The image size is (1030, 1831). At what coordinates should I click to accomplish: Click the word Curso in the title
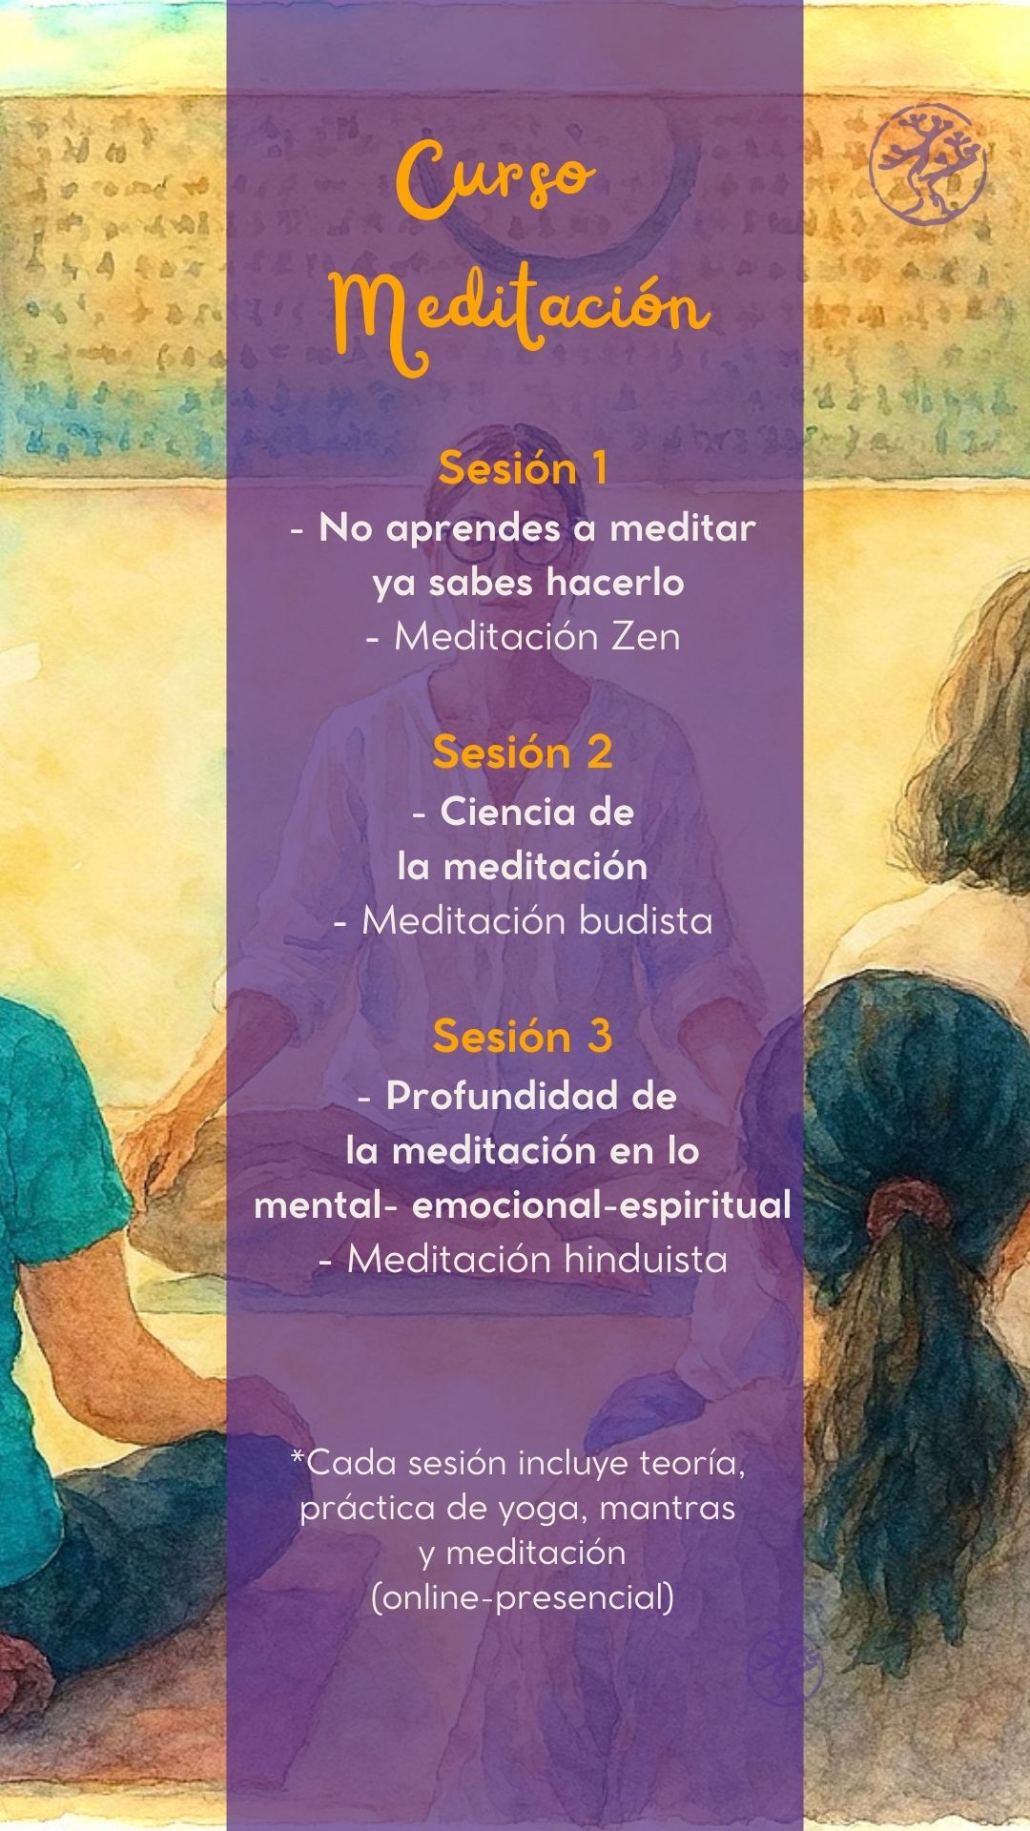(x=496, y=179)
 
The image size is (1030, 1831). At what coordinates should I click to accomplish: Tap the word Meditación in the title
(x=521, y=312)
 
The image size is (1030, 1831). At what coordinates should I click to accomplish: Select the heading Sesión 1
(x=523, y=467)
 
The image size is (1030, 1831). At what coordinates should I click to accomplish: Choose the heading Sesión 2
(x=523, y=751)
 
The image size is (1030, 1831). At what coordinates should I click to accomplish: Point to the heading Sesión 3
(x=523, y=1036)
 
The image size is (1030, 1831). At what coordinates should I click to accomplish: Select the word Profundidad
(x=504, y=1096)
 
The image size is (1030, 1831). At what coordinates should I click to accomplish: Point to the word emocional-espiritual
(x=601, y=1204)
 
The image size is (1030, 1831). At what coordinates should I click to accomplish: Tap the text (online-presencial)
(x=523, y=1596)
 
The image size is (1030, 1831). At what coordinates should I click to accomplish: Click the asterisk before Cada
(x=298, y=1456)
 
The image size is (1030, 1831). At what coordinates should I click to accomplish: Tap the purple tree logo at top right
(x=927, y=165)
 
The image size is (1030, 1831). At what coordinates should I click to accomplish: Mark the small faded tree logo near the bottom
(x=784, y=1667)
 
